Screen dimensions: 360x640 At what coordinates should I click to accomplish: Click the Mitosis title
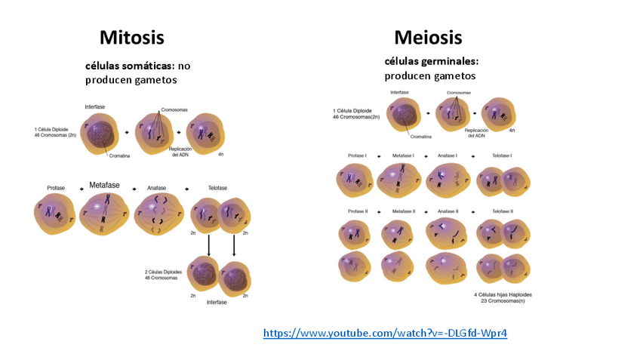click(x=131, y=37)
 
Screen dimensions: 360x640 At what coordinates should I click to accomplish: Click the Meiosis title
click(x=428, y=37)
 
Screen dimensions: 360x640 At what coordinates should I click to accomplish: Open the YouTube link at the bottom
click(x=385, y=332)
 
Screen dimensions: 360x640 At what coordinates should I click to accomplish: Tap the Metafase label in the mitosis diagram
click(x=105, y=185)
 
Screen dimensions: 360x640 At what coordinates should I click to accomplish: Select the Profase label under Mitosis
click(x=56, y=188)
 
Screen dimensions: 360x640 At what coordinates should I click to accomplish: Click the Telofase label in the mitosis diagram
click(x=217, y=188)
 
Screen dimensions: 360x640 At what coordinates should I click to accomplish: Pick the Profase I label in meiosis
click(x=357, y=155)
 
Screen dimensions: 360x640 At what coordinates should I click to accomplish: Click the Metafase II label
click(x=405, y=211)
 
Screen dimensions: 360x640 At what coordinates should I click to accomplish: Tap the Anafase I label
click(x=448, y=155)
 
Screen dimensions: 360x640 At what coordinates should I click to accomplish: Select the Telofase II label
click(x=503, y=211)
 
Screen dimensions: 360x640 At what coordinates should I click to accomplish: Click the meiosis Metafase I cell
click(x=401, y=180)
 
